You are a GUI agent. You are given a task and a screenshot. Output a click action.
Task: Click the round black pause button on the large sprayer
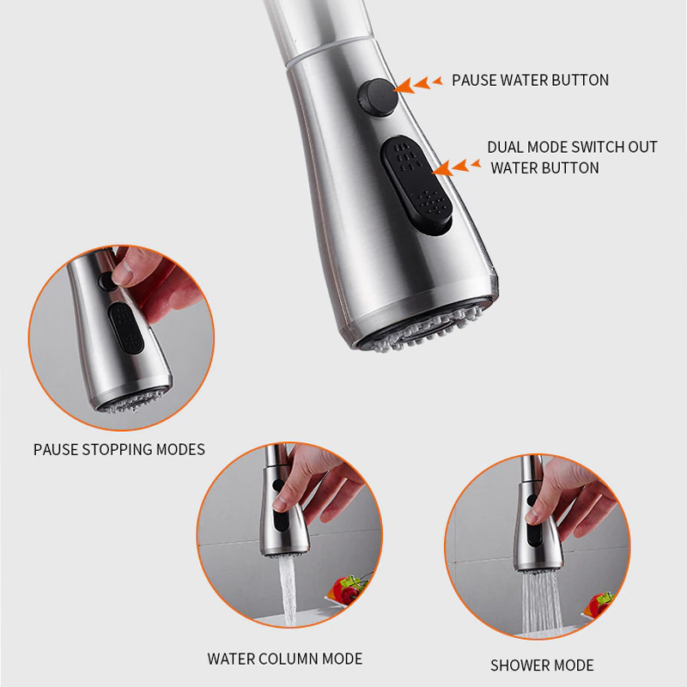[378, 97]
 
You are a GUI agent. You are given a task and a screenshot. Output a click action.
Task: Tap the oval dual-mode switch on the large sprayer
[416, 185]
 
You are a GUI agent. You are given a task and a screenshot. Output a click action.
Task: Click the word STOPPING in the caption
[117, 449]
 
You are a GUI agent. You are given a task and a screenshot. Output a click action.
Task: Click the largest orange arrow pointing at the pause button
[404, 86]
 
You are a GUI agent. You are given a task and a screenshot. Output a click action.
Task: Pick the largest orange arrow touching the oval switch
[442, 168]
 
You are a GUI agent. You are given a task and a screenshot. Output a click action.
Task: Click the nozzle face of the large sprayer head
[426, 326]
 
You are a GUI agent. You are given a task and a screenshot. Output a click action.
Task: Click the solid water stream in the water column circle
[288, 590]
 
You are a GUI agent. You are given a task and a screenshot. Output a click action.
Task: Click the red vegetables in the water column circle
[346, 589]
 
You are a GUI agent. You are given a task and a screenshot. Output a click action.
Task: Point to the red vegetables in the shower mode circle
[597, 605]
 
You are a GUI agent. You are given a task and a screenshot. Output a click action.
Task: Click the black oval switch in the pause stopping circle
[125, 328]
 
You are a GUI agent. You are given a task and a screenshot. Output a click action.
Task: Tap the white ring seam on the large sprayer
[330, 51]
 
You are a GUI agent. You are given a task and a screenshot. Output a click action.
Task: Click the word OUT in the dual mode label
[642, 147]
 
